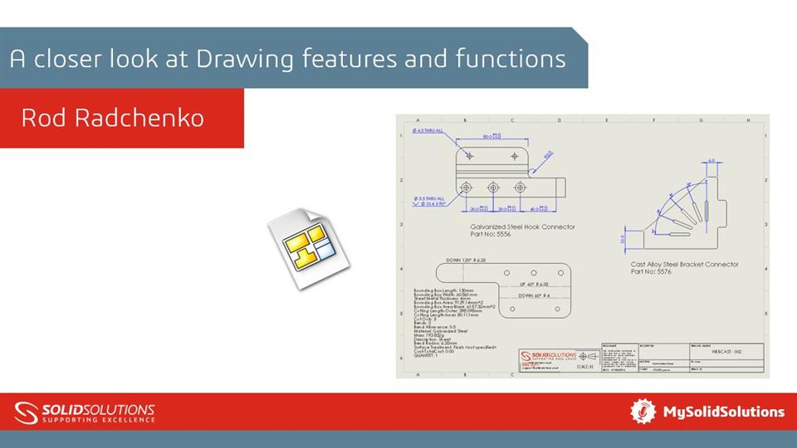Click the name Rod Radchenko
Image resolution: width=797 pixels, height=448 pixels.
click(x=112, y=118)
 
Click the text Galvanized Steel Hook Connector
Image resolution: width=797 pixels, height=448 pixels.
click(x=522, y=226)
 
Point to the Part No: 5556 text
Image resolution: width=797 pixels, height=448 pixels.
click(x=491, y=235)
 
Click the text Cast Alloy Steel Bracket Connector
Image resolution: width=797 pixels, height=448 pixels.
click(x=684, y=265)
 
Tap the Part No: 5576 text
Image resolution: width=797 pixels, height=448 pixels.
click(x=653, y=272)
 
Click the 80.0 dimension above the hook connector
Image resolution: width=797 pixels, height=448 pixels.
click(x=491, y=137)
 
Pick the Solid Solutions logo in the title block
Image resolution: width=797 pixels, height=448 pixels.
click(x=546, y=357)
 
